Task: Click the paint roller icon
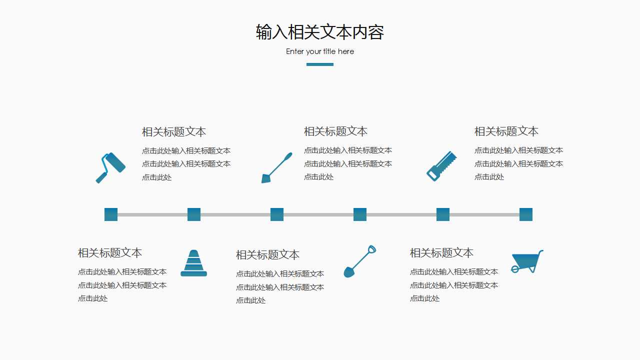110,167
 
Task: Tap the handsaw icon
441,166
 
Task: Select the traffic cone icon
193,263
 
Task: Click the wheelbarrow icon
526,261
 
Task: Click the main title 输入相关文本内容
320,32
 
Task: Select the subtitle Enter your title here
320,51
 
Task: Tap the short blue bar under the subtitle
320,64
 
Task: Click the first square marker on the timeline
111,214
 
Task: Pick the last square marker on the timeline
526,214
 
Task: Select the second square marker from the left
194,214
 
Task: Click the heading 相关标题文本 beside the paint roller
174,132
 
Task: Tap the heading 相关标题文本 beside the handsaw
506,131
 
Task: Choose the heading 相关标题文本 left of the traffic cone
109,253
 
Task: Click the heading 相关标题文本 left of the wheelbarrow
441,253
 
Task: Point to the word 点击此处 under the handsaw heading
489,177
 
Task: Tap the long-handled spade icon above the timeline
276,167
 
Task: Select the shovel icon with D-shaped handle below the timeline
359,261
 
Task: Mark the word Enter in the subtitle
294,51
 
